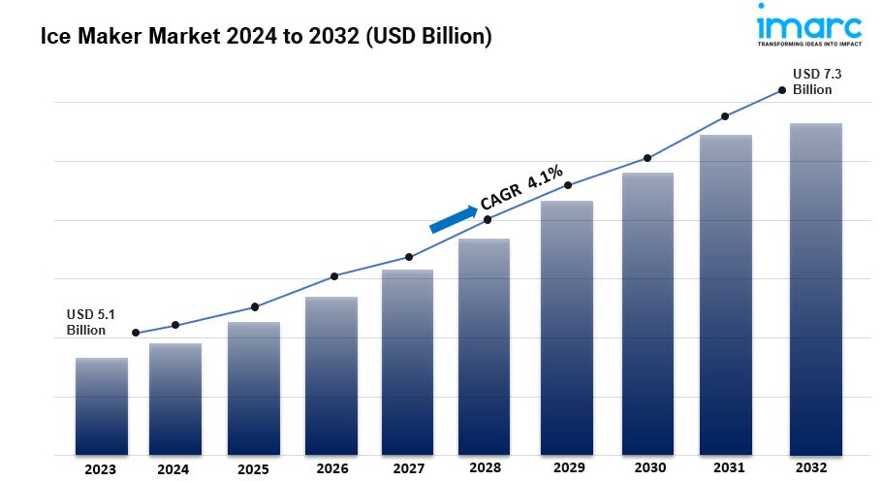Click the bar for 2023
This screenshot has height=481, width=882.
click(x=102, y=406)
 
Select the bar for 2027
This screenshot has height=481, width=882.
click(x=407, y=362)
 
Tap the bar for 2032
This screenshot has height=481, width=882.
click(x=815, y=289)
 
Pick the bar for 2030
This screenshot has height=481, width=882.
click(x=647, y=313)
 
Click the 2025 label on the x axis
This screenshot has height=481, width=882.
click(x=253, y=469)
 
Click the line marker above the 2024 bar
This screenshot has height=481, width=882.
click(x=175, y=325)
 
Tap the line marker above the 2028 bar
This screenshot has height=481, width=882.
click(x=488, y=220)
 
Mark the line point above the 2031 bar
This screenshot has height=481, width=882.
click(x=725, y=116)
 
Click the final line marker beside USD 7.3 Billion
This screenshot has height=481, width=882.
click(x=782, y=90)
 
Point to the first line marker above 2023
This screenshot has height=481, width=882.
click(x=136, y=334)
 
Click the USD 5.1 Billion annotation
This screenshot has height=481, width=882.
click(x=90, y=322)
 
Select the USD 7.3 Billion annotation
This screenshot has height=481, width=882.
click(x=812, y=81)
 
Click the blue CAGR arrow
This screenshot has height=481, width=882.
click(x=454, y=218)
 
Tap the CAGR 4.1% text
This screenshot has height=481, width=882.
click(x=521, y=188)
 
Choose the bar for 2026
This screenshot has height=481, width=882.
click(x=331, y=375)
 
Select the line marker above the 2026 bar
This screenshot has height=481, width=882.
click(x=334, y=276)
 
